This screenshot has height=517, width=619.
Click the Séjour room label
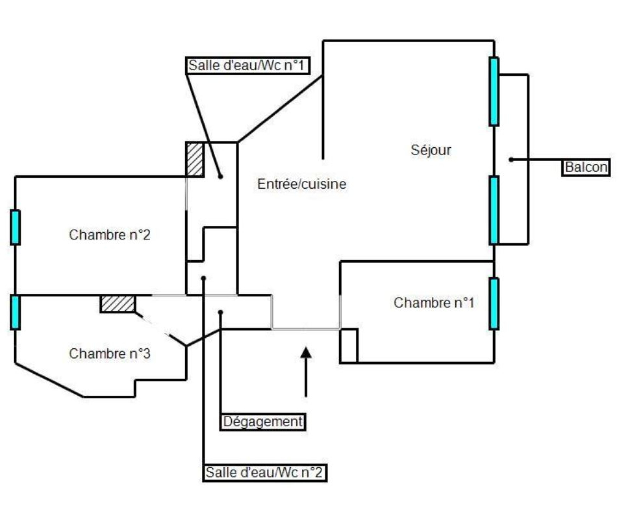[431, 150]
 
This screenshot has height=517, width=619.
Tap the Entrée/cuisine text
[302, 184]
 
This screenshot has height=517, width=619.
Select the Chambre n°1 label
[434, 303]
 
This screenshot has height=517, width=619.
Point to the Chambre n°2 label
[109, 235]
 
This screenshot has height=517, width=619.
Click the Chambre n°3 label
[109, 353]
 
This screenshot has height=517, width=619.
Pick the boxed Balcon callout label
[586, 167]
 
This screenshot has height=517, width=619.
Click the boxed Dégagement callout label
[263, 422]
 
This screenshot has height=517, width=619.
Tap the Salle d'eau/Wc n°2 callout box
[265, 472]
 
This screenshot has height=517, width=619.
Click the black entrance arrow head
[306, 352]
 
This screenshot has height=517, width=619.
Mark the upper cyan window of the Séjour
[494, 92]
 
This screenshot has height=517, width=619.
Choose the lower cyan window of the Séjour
[494, 210]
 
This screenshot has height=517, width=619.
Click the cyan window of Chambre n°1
[494, 304]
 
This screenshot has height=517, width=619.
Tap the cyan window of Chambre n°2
[15, 227]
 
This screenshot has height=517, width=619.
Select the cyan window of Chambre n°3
[15, 312]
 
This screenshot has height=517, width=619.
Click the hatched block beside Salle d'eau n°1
[195, 160]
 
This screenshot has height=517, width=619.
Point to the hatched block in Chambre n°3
[118, 304]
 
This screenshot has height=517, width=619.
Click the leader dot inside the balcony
[511, 159]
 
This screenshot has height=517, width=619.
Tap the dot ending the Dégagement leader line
[221, 312]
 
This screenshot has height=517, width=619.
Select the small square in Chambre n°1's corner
[349, 346]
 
